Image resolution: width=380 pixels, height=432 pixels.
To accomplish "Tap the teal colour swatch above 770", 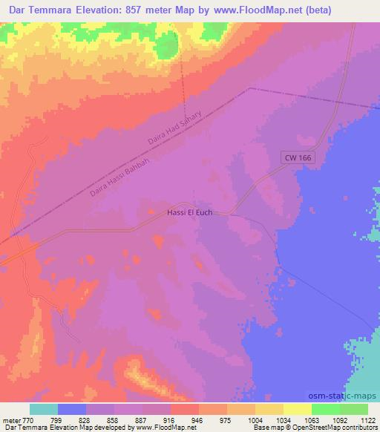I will point(44,408).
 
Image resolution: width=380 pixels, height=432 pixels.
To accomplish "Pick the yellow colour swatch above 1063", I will point(298,408).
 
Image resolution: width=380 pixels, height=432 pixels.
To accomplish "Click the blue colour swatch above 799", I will point(72,408).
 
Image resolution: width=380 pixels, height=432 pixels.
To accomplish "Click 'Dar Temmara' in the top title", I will point(37,10).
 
